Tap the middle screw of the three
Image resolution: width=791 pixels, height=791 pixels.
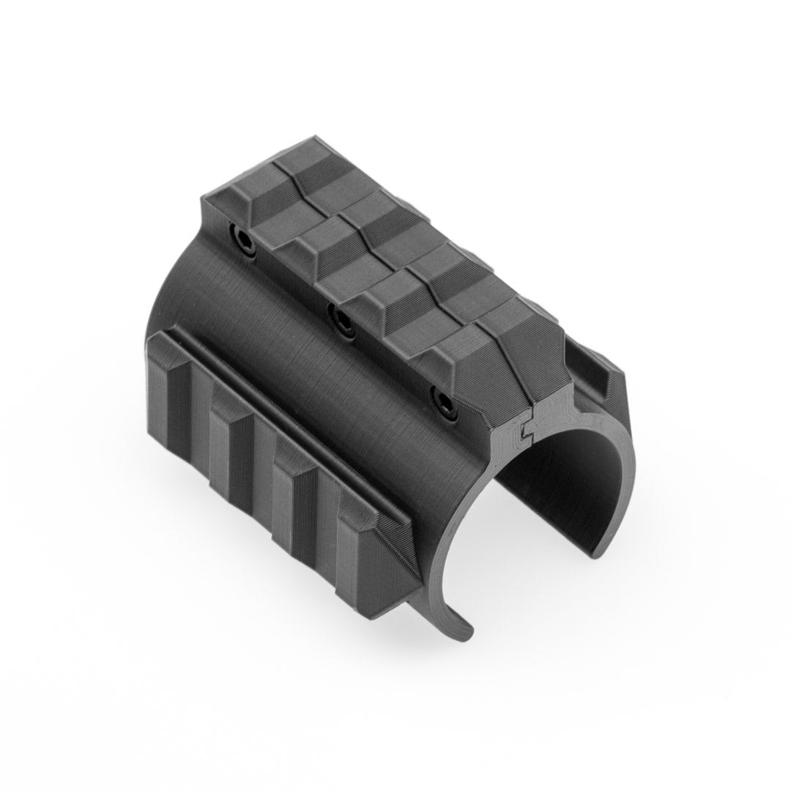coord(341,317)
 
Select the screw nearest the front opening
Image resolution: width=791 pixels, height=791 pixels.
coord(443,400)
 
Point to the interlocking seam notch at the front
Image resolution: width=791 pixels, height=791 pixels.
coord(521,433)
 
